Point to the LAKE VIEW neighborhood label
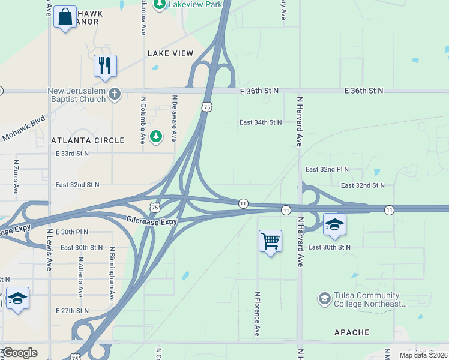click(171, 53)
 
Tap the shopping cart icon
click(271, 241)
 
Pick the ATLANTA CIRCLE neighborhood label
click(88, 140)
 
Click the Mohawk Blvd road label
click(24, 128)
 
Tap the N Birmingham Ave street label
click(111, 273)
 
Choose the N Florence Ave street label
click(257, 314)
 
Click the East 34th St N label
click(261, 122)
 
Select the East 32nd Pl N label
click(327, 170)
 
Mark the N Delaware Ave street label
click(174, 118)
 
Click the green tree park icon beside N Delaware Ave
click(156, 137)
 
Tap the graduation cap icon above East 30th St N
click(334, 224)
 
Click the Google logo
click(20, 353)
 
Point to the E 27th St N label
click(71, 311)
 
